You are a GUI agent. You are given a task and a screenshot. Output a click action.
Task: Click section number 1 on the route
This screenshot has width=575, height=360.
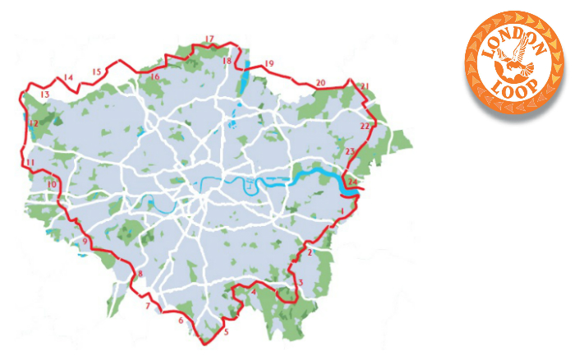point(340,212)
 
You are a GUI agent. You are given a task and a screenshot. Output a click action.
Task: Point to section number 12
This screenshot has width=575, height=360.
point(34,124)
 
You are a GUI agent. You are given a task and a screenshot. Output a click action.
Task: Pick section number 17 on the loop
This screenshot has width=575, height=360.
point(209,39)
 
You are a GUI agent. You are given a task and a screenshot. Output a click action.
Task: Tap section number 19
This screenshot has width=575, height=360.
point(269,64)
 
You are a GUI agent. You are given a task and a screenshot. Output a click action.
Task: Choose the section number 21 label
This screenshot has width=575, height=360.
point(366,86)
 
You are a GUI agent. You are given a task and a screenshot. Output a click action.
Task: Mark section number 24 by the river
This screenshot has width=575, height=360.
point(352,182)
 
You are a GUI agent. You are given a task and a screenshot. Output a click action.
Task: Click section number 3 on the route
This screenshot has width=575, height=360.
point(301,284)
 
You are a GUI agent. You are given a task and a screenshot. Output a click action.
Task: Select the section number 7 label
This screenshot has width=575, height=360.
point(148,307)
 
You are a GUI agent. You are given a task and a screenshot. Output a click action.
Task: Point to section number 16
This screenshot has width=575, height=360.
point(154,76)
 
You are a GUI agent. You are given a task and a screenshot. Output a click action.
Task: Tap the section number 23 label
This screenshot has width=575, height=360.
point(350,152)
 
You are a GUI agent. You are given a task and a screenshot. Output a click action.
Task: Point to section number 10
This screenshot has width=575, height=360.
point(52,186)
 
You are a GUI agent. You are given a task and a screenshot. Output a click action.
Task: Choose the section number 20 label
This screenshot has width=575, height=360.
point(320,82)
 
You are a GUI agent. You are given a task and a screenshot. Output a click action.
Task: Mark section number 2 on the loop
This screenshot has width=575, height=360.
point(310,253)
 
